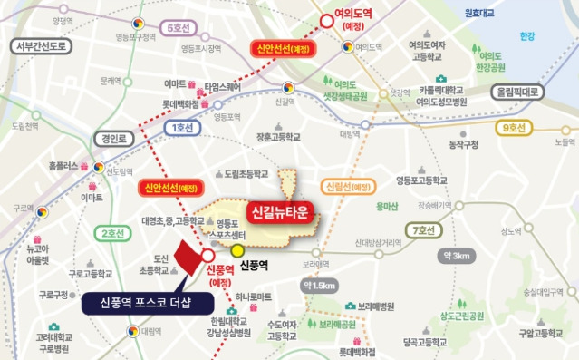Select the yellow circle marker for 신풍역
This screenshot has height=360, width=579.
[237, 250]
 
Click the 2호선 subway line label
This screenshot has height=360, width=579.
[112, 233]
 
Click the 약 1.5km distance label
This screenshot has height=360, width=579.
[321, 286]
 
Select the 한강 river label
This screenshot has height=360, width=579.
[528, 36]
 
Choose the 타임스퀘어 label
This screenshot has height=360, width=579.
[225, 87]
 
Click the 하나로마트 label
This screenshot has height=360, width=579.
[255, 297]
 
